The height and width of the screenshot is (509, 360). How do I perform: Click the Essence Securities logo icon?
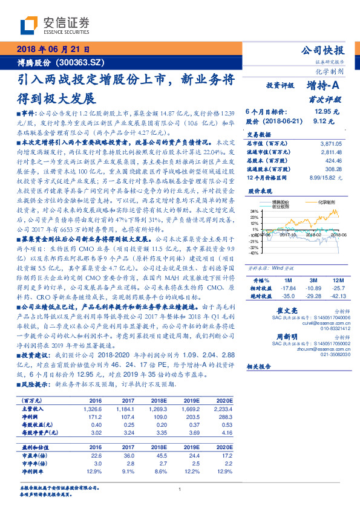[x=28, y=25]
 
